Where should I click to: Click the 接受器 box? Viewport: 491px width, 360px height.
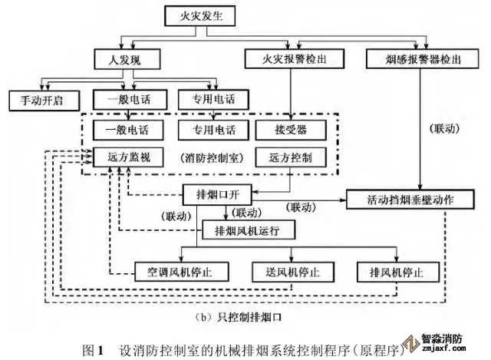pyautogui.click(x=291, y=128)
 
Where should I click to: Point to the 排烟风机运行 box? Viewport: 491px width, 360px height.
pyautogui.click(x=245, y=229)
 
